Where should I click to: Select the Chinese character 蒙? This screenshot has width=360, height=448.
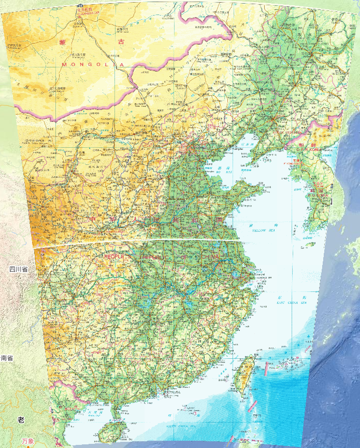(x=64, y=42)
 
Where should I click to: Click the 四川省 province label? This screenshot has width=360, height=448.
(x=18, y=269)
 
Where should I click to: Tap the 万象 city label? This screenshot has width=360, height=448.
(x=29, y=441)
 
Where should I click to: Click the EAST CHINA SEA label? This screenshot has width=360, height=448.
(x=291, y=302)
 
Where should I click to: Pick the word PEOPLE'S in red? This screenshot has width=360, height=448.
(x=118, y=257)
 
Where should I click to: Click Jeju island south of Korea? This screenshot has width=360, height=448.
(x=310, y=244)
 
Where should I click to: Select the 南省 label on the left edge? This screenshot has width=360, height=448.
(x=7, y=358)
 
